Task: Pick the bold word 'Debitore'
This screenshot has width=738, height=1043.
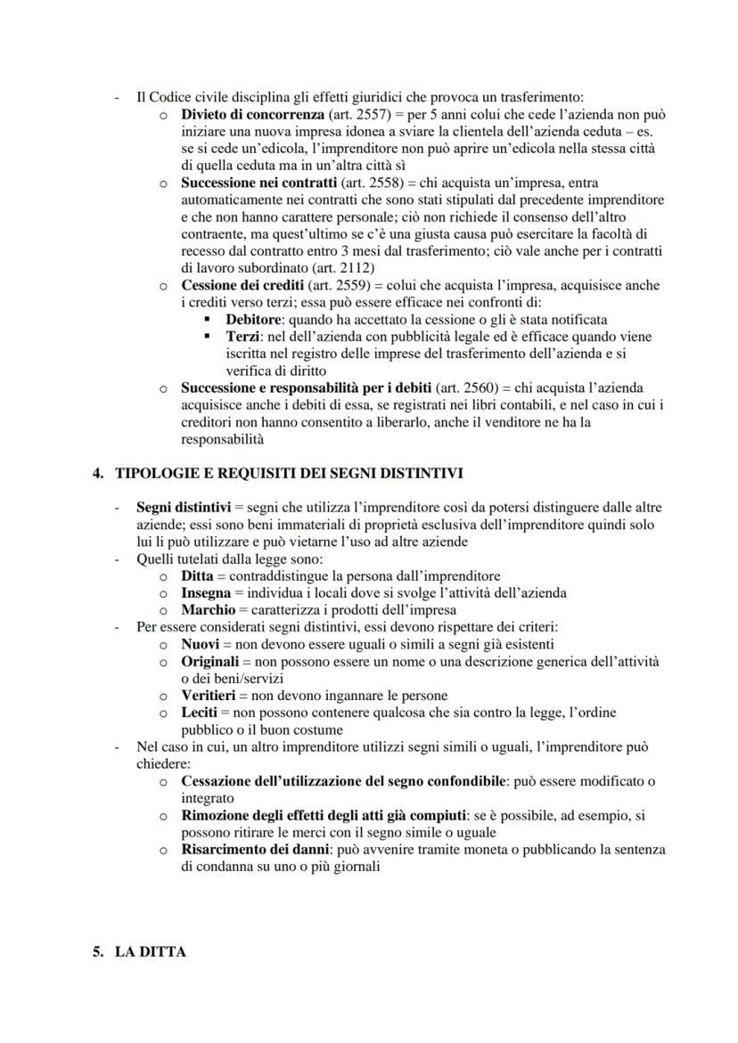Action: (x=254, y=319)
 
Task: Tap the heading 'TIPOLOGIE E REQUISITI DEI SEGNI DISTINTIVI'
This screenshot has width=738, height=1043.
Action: (x=289, y=473)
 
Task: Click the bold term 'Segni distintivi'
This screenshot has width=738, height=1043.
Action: (x=183, y=508)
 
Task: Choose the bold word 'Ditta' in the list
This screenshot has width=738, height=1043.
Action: (x=198, y=576)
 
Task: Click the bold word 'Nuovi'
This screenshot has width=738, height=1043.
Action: (x=201, y=644)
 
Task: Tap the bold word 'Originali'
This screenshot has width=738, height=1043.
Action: (x=209, y=661)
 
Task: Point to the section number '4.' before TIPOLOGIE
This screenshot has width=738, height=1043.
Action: (x=99, y=473)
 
